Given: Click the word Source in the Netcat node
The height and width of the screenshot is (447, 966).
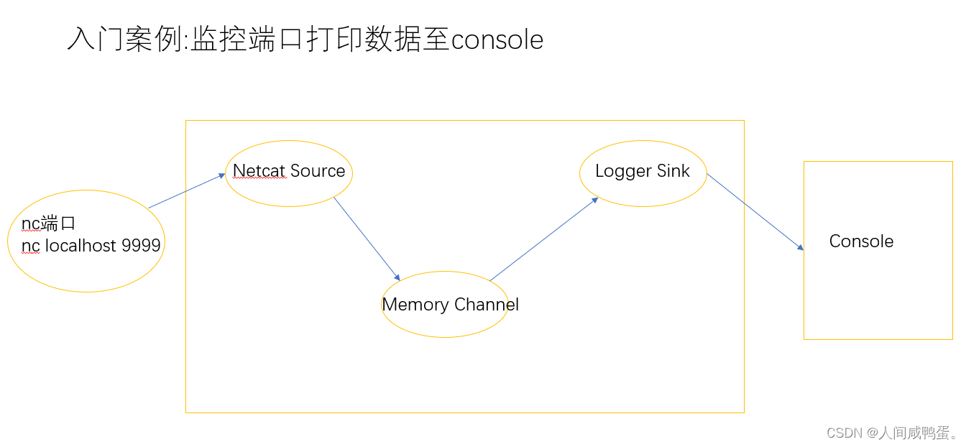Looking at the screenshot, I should click(x=317, y=171).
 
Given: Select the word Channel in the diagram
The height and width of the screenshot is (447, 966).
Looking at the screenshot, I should click(x=487, y=305).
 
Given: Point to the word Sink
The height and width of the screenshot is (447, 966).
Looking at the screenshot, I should click(x=673, y=171).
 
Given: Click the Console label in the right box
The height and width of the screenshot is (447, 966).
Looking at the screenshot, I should click(x=861, y=241).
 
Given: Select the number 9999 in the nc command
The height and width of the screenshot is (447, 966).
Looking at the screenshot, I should click(x=141, y=246).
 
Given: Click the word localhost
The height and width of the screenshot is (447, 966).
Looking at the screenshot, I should click(x=80, y=246).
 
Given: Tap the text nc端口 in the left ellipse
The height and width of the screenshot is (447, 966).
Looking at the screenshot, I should click(x=48, y=223).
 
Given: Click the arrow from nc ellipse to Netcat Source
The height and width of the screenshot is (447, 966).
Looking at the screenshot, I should click(x=187, y=191).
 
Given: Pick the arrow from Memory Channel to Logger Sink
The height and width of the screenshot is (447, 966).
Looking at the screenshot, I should click(x=544, y=239).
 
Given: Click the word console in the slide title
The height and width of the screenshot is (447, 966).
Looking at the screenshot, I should click(x=497, y=40).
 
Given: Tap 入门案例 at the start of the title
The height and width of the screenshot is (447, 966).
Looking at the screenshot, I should click(x=125, y=40).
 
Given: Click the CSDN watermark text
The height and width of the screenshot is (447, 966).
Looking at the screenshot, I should click(x=845, y=433).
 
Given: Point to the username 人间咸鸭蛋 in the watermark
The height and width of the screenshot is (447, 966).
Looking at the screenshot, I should click(x=916, y=433).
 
